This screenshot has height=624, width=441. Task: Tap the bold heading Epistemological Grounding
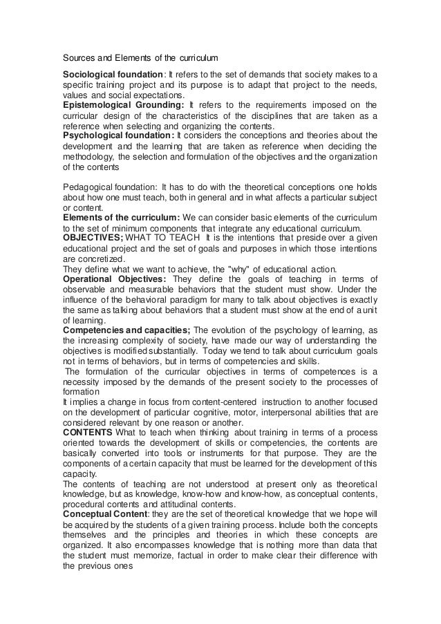122,105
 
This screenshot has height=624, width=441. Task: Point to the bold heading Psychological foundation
118,136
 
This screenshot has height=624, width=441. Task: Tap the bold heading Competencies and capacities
125,330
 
